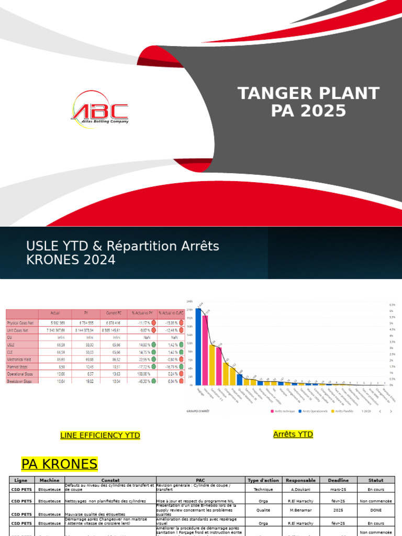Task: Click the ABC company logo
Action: (99, 107)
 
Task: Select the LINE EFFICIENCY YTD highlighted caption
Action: (100, 435)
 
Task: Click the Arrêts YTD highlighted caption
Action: (293, 434)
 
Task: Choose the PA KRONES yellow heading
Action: (59, 464)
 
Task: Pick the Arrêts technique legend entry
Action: (283, 411)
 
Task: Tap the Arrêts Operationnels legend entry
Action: (315, 411)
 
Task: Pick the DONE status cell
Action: (376, 509)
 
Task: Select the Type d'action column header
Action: (264, 480)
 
